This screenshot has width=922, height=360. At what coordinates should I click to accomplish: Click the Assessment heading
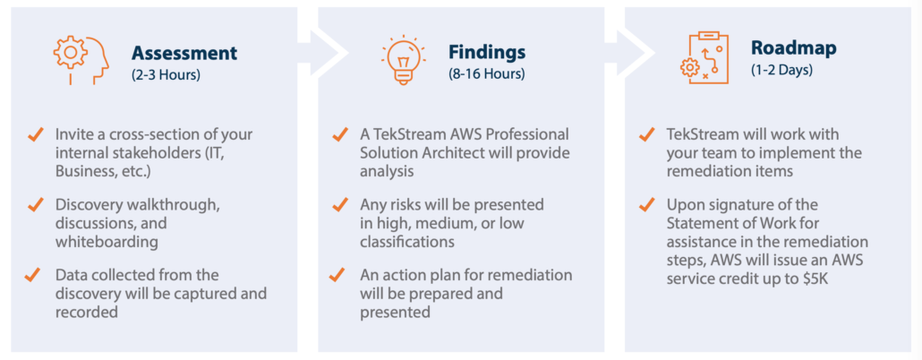coord(184,53)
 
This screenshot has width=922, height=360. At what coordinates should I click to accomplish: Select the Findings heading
coord(487,53)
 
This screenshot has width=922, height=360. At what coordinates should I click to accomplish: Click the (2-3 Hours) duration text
coord(166,74)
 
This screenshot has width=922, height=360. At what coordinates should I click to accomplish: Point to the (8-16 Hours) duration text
coord(486,74)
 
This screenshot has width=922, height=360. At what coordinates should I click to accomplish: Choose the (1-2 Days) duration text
coord(781,70)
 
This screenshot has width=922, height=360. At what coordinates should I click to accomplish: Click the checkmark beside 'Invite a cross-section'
coord(36,134)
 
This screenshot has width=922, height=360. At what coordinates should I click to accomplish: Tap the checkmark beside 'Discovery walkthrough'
coord(36,205)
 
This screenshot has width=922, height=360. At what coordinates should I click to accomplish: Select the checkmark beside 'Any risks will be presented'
coord(340,205)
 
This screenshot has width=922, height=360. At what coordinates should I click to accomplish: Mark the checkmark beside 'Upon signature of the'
coord(647,205)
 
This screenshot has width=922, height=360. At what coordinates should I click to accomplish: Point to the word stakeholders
coord(150,153)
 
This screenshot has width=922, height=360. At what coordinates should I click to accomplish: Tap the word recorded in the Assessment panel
coord(87,312)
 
